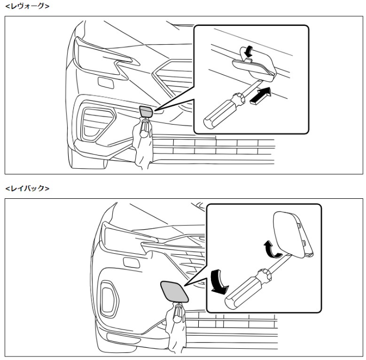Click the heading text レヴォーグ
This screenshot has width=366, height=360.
[27, 6]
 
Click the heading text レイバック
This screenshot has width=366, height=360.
[27, 188]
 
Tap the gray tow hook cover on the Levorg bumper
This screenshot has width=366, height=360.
[146, 111]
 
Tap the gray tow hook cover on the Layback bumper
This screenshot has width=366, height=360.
[174, 291]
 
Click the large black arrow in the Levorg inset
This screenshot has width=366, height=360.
[261, 95]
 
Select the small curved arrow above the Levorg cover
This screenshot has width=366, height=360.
[247, 51]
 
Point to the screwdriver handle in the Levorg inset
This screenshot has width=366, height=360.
[224, 110]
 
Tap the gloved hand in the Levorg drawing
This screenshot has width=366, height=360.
[142, 142]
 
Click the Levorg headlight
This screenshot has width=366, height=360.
[103, 58]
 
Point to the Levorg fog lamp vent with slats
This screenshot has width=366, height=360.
[98, 123]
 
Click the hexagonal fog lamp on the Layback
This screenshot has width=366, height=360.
[109, 299]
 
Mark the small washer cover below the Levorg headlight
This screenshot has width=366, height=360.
[106, 83]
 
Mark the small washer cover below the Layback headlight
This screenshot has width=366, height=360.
[132, 263]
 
